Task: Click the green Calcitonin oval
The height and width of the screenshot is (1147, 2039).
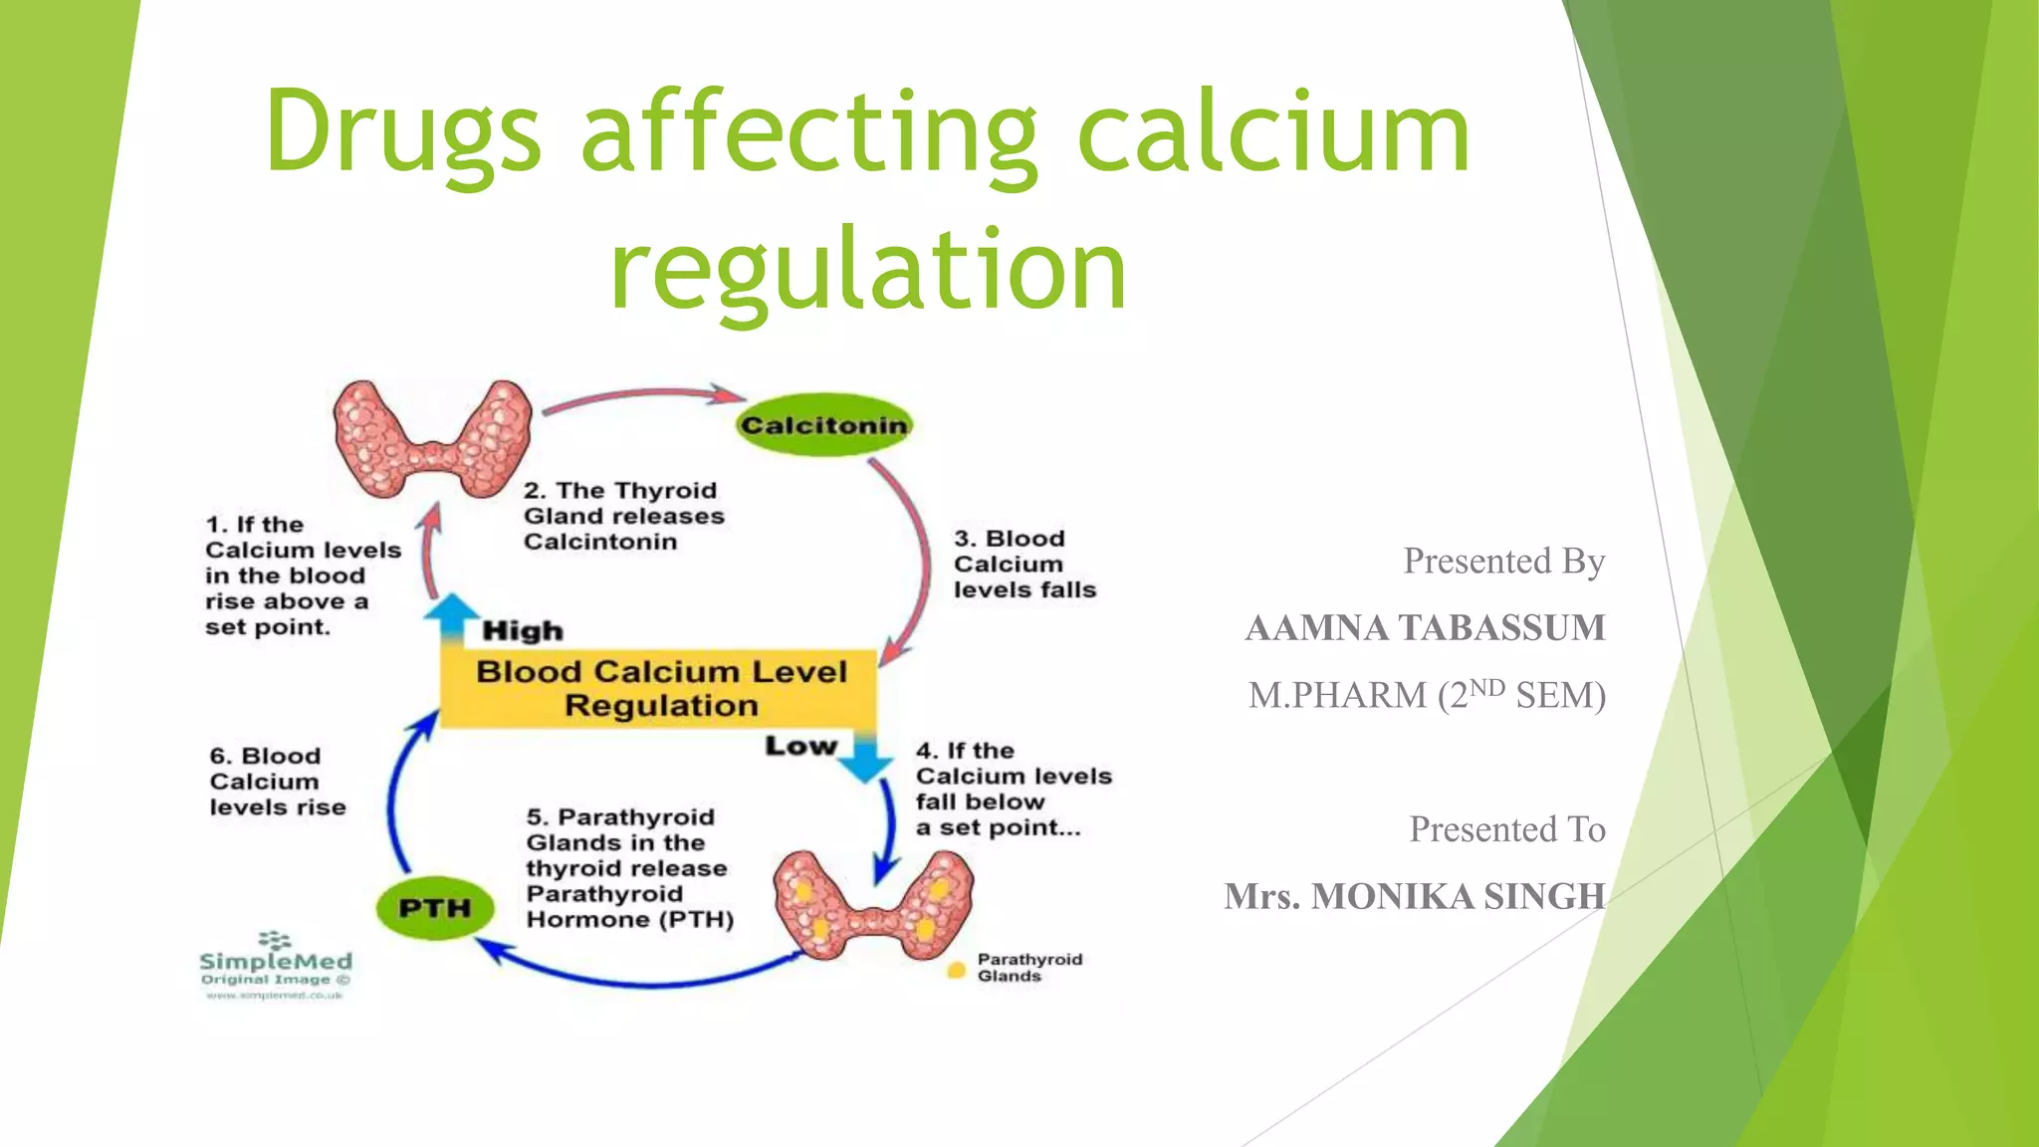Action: tap(823, 425)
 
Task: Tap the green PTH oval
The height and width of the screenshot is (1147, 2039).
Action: tap(435, 908)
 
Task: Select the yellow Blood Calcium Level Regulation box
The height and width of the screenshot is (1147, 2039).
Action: tap(659, 688)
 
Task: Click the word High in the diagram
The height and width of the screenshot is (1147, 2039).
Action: tap(523, 631)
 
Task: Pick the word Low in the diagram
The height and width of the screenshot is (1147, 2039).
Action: tap(800, 747)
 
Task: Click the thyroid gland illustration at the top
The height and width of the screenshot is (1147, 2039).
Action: tap(432, 438)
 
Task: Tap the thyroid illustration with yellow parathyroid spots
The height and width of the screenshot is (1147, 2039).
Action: tap(873, 904)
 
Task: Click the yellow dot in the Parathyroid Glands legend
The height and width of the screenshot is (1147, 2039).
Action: tap(956, 969)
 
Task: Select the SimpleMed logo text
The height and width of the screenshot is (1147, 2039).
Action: tap(276, 962)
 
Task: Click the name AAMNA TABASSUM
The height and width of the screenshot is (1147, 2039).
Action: tap(1425, 628)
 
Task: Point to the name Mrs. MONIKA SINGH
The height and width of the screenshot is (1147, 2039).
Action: tap(1415, 896)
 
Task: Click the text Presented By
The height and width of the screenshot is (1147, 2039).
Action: tap(1503, 562)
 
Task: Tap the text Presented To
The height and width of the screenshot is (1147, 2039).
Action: tap(1506, 829)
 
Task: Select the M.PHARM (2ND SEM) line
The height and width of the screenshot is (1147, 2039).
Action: tap(1427, 695)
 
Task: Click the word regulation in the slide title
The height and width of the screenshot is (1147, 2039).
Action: tap(868, 269)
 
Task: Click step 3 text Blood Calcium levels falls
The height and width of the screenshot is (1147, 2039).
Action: tap(1024, 565)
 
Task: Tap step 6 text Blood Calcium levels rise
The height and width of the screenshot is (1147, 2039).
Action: tap(278, 783)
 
